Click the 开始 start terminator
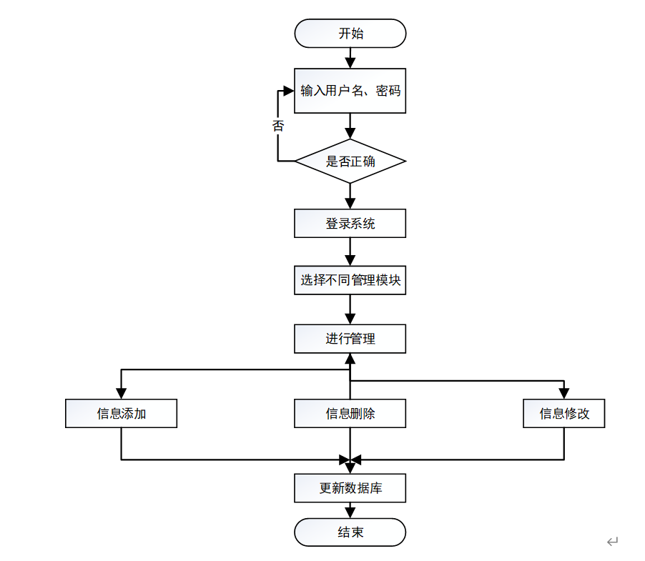pos(350,34)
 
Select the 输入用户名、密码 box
pos(350,91)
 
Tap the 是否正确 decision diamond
pos(350,161)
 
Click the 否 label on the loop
pos(278,126)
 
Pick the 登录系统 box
pos(350,224)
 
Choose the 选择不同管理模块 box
pos(350,280)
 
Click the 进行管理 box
pos(350,339)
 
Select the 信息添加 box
pos(121,414)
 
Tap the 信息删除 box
pos(350,414)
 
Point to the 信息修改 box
pos(563,414)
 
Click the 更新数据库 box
pos(350,489)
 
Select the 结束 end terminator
pos(350,532)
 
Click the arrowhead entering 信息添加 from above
pos(121,392)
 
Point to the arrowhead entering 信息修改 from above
pos(563,392)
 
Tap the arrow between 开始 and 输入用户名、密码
pos(350,58)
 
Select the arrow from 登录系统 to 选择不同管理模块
pos(350,252)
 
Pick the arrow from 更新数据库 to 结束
pos(350,510)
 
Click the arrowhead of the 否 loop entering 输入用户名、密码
pos(288,91)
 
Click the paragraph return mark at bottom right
pos(612,542)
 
